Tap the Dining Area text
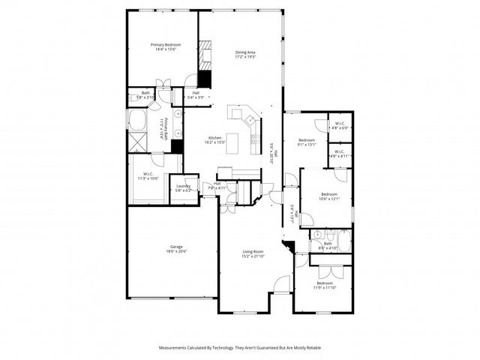point(246,52)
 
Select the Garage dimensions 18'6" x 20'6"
point(176,251)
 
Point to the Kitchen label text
point(214,138)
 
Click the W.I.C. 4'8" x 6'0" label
point(338,125)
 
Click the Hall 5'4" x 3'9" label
point(195,94)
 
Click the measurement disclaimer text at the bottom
point(240,347)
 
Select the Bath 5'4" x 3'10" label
point(145,94)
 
